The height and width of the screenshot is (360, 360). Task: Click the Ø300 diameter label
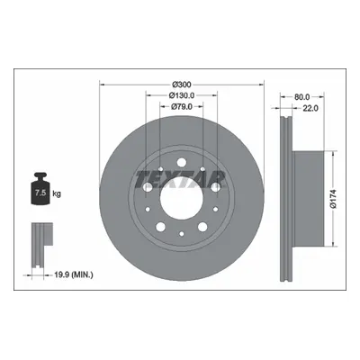coord(182,85)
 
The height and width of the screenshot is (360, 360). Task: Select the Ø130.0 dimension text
coord(182,95)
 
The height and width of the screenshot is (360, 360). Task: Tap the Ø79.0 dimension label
coord(182,107)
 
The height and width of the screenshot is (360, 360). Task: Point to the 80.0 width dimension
coord(301,97)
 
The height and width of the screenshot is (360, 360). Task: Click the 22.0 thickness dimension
coord(310,108)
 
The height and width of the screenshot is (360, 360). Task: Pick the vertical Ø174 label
coord(334,199)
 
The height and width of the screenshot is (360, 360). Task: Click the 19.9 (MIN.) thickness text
coord(74,274)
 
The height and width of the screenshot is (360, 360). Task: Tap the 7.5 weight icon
coord(40,189)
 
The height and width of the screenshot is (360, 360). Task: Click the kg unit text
coord(57,193)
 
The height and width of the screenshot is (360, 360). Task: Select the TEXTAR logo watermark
coord(181,180)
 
